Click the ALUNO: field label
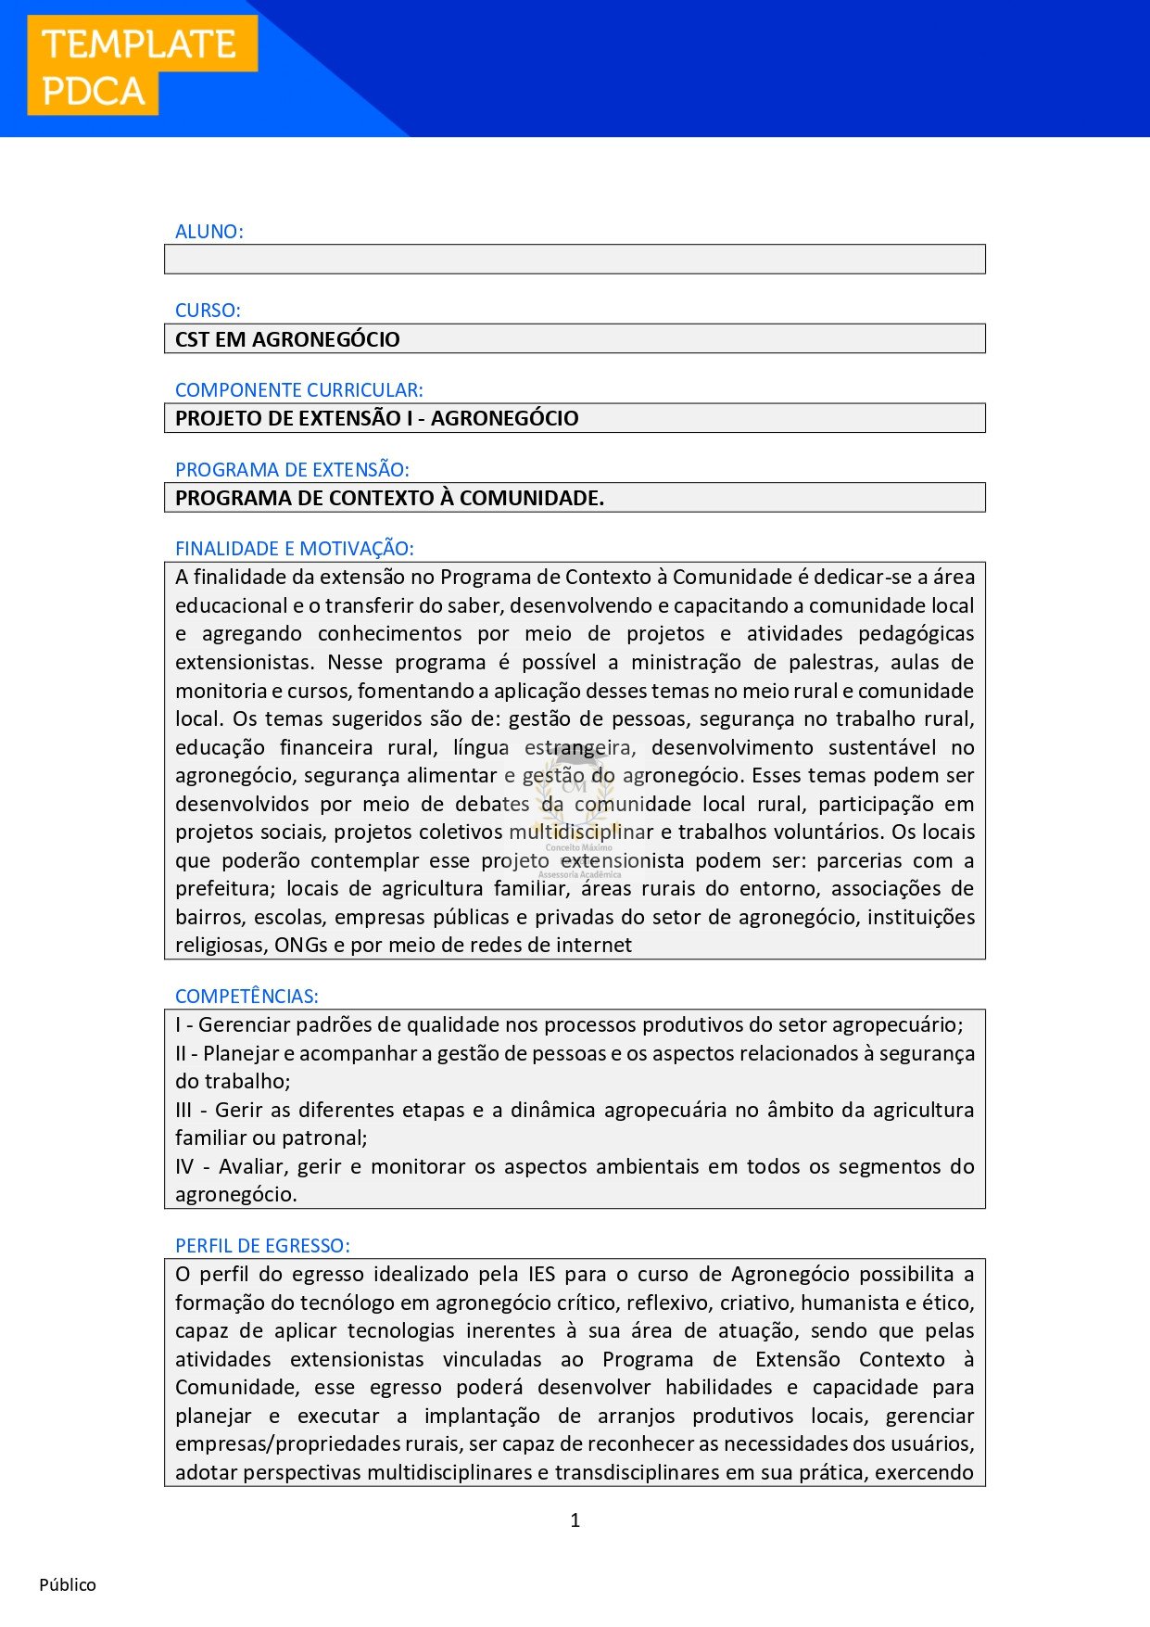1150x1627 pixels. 209,232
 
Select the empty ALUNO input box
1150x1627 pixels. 575,260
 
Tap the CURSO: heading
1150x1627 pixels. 208,311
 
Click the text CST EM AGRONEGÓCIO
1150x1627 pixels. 287,339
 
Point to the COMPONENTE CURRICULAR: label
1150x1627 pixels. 298,390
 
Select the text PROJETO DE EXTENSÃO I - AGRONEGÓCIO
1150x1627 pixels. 376,418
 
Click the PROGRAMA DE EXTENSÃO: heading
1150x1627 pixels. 292,470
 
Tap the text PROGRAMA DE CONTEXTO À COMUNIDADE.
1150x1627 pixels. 389,498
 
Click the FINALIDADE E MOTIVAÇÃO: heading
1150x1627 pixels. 294,549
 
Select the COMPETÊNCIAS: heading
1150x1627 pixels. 246,997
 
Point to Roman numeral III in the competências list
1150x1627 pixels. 183,1110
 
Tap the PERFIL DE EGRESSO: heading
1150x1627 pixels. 262,1246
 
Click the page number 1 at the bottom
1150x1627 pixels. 575,1520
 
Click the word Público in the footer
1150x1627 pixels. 68,1585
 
